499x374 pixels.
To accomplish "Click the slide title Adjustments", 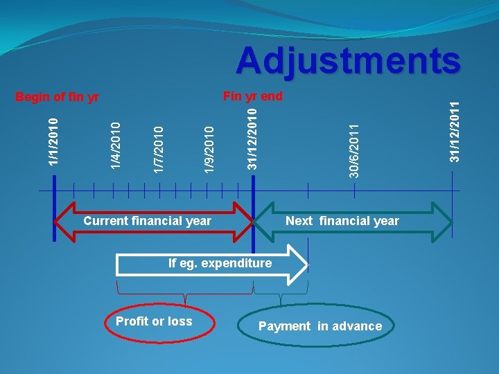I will (x=348, y=61).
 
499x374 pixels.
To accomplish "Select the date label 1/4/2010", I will (x=117, y=145).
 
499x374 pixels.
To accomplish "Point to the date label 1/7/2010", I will (x=159, y=148).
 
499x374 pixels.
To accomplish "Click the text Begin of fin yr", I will (x=58, y=97).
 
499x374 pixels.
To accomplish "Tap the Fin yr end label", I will (x=252, y=96).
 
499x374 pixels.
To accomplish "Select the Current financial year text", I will (x=147, y=221).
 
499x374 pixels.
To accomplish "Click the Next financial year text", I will (x=342, y=221).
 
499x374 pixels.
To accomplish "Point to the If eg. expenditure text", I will (x=220, y=263).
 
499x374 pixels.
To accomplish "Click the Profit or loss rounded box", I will (x=154, y=321).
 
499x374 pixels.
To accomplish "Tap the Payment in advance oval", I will (x=319, y=326).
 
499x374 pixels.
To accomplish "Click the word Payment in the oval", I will (x=284, y=326).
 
